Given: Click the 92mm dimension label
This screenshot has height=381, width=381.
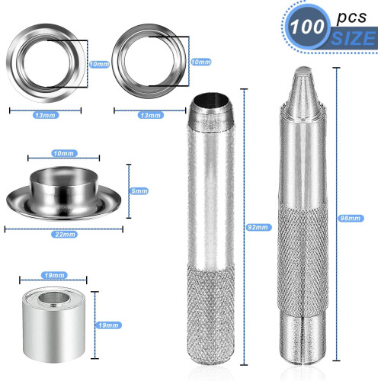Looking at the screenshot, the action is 258,227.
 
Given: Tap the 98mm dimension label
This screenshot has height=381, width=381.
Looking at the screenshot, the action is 351,218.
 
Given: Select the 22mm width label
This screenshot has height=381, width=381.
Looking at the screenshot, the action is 65,234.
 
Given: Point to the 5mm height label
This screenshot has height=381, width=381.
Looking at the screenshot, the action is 139,191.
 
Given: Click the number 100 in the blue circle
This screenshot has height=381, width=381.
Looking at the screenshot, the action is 307,27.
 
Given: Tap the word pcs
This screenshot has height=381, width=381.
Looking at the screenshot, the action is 351,18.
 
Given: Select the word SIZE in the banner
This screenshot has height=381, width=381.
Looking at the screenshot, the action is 354,38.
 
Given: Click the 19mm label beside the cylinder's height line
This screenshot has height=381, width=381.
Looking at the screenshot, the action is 108,325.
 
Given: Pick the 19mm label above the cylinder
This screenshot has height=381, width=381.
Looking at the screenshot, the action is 54,275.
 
